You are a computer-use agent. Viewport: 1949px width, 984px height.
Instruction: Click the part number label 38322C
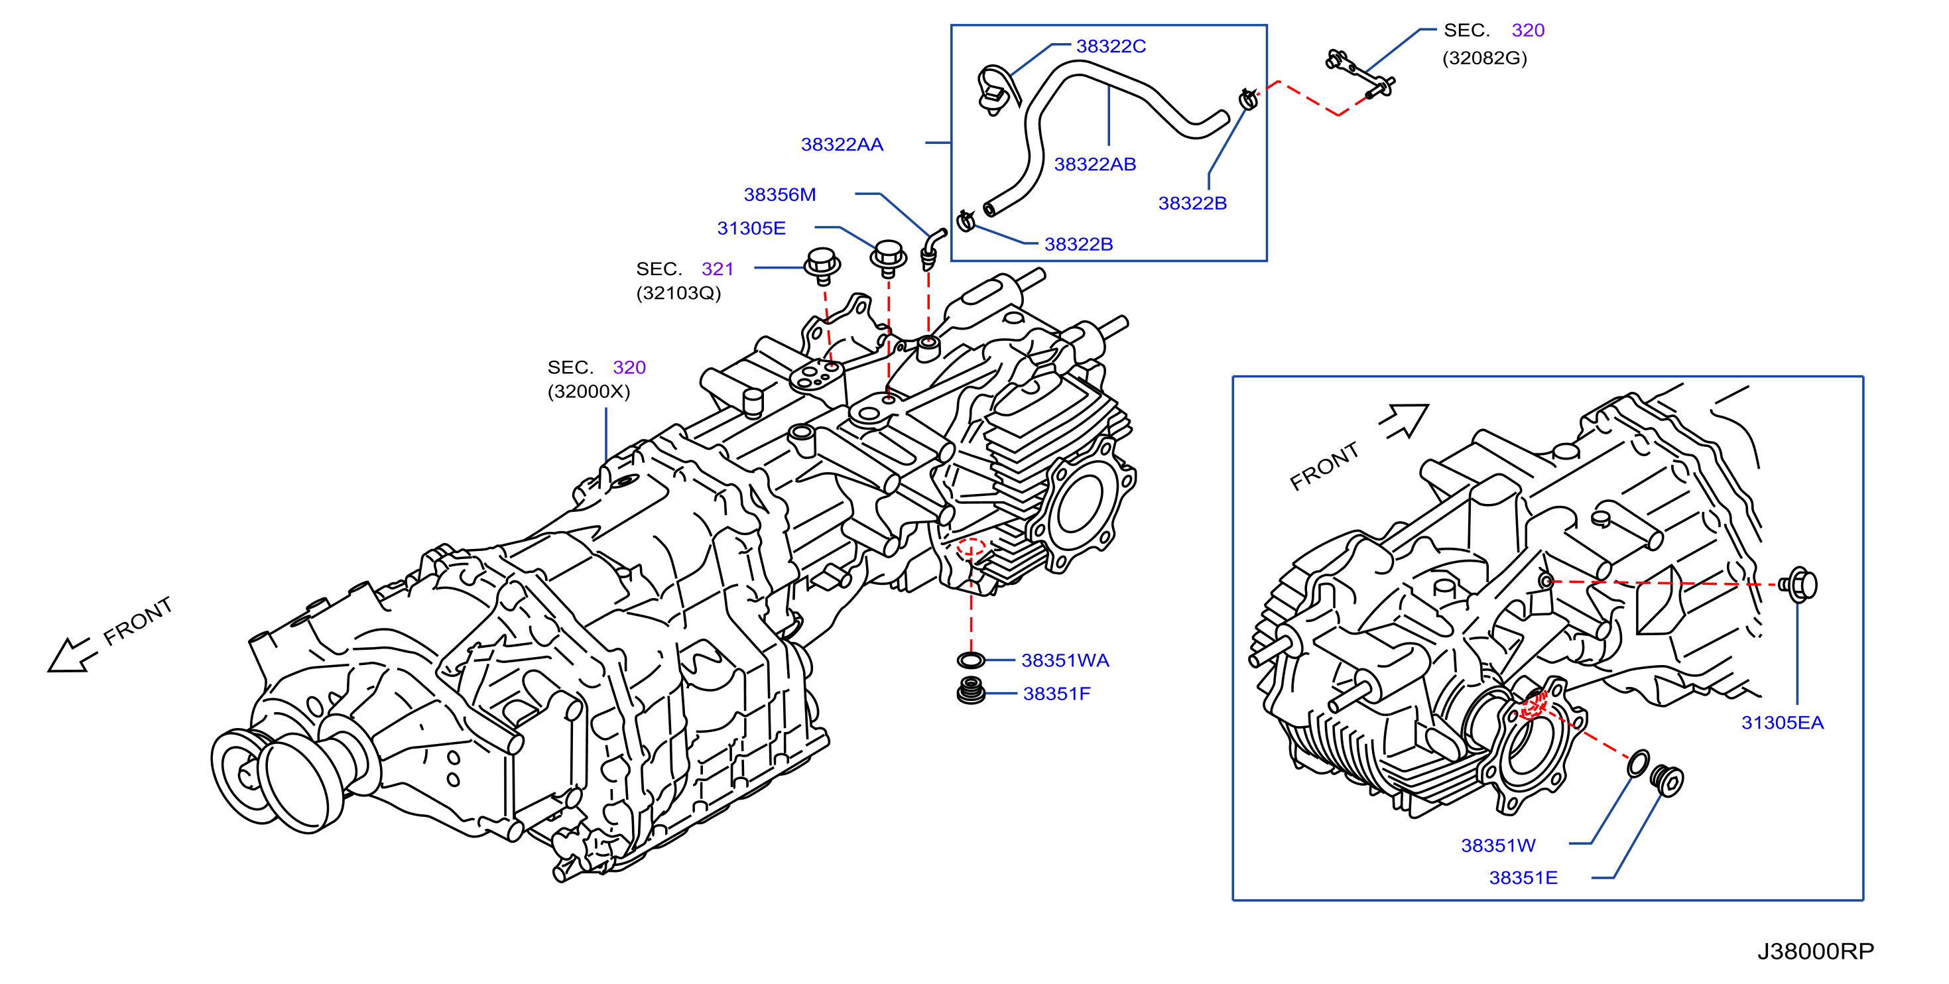1111,46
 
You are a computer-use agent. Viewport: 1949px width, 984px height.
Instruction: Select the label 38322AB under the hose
1095,164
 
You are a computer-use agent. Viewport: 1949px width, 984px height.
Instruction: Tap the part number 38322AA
842,145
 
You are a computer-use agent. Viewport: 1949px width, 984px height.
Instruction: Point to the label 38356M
779,194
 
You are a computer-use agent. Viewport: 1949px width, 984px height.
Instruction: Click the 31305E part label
751,228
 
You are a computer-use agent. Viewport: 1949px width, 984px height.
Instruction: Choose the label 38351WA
1065,660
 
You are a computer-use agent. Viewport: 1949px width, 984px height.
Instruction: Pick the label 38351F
1056,694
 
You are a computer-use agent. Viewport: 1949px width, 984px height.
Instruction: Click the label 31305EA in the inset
1783,722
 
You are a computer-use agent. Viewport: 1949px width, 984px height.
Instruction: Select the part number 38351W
1498,845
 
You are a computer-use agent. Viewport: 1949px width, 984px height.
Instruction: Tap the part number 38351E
1523,877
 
